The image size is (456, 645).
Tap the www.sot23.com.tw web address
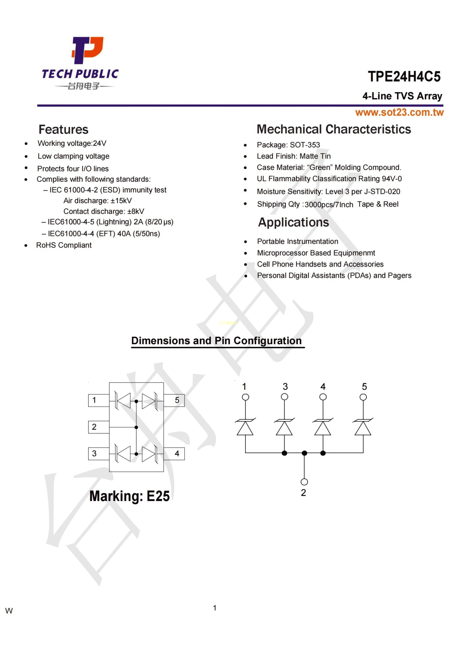(x=399, y=112)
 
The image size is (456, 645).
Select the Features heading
(x=63, y=130)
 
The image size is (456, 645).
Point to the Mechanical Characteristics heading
(x=334, y=129)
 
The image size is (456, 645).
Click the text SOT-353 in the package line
(x=305, y=145)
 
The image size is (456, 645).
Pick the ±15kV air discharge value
(x=121, y=201)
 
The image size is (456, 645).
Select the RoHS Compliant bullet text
(x=64, y=245)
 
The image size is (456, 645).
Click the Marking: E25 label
(x=129, y=496)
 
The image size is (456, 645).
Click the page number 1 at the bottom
(x=215, y=608)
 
